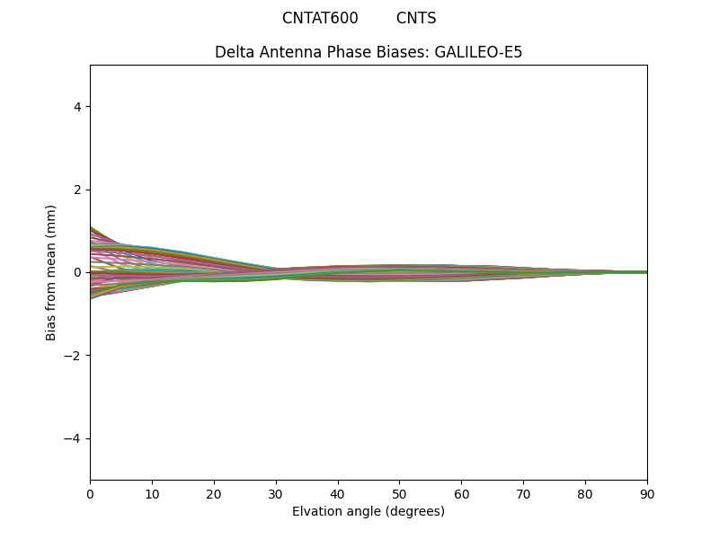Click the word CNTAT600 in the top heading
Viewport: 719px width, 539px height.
pyautogui.click(x=320, y=18)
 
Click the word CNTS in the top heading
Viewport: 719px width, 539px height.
pyautogui.click(x=416, y=18)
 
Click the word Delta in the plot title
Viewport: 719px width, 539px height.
pyautogui.click(x=234, y=52)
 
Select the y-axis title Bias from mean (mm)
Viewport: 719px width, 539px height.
pyautogui.click(x=51, y=272)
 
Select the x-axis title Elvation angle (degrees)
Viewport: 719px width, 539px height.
pyautogui.click(x=368, y=511)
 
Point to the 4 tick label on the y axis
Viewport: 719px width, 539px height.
pyautogui.click(x=77, y=107)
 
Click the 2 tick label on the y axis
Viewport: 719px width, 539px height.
pyautogui.click(x=77, y=190)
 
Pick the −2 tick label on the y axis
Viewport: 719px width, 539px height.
pyautogui.click(x=74, y=356)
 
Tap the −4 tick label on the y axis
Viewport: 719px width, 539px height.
pyautogui.click(x=74, y=438)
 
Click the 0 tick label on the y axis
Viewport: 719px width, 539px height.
pyautogui.click(x=77, y=272)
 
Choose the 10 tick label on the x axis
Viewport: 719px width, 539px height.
pyautogui.click(x=152, y=493)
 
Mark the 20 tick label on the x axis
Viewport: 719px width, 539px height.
pyautogui.click(x=214, y=493)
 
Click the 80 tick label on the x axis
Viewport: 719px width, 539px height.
pyautogui.click(x=585, y=493)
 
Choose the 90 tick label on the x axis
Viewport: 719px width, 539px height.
pyautogui.click(x=647, y=493)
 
